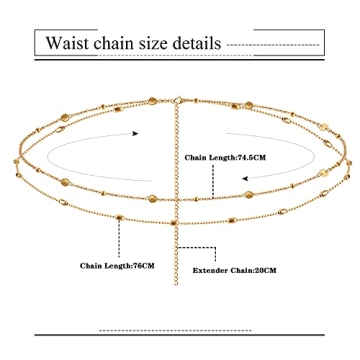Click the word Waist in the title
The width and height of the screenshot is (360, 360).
[x=70, y=44]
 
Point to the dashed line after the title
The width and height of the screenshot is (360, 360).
[x=275, y=45]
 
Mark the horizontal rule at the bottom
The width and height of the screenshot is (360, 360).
[x=180, y=330]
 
